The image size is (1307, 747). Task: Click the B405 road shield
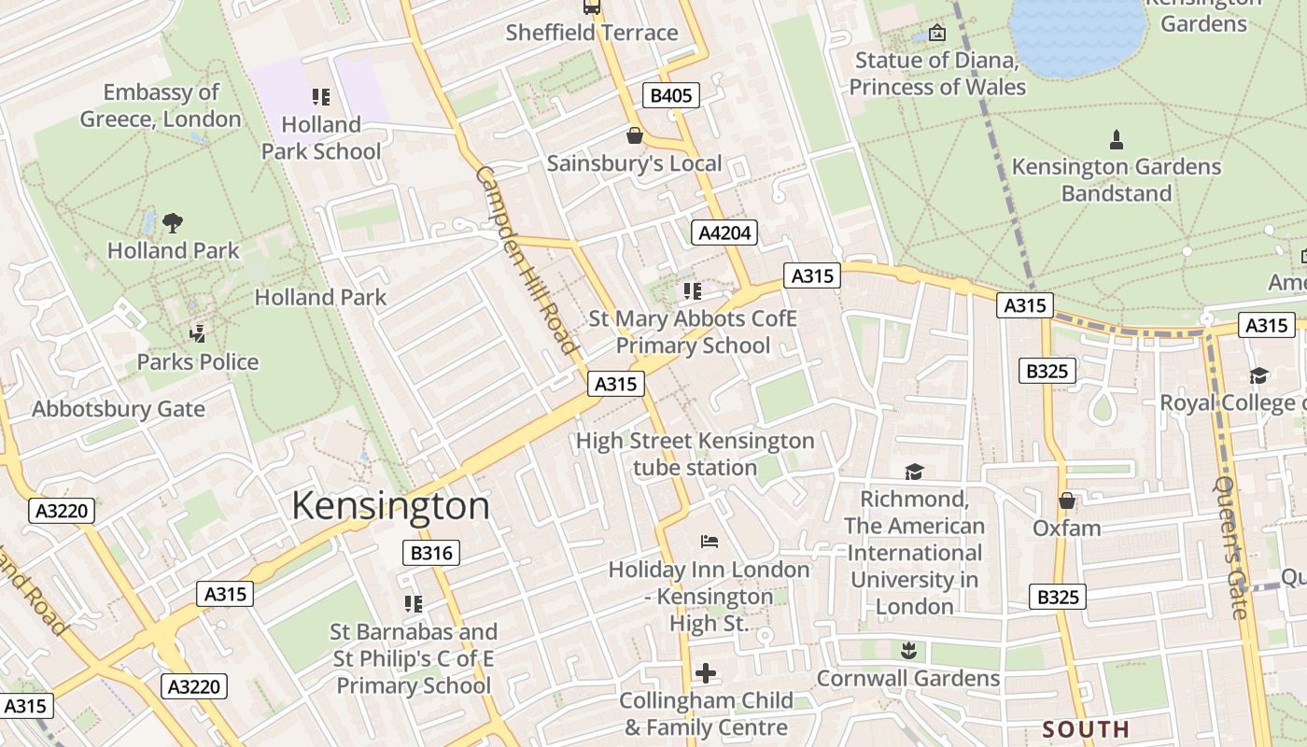click(670, 95)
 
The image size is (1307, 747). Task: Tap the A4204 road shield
click(724, 233)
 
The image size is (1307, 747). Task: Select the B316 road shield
click(431, 553)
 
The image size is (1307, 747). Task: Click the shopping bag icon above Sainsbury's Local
click(635, 136)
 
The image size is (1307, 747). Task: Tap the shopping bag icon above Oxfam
click(1066, 501)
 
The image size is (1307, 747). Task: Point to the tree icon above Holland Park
click(173, 222)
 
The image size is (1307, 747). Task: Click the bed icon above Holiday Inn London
click(709, 542)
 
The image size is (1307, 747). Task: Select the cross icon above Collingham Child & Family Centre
click(706, 672)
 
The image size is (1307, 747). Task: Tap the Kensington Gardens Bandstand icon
click(1116, 140)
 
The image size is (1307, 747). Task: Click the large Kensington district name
click(390, 505)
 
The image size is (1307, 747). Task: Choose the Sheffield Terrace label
click(591, 33)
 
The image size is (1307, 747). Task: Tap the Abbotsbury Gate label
click(119, 409)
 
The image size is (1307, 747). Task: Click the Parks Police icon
click(197, 333)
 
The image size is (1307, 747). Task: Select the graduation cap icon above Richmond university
click(913, 472)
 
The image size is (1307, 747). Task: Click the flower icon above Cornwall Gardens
click(907, 650)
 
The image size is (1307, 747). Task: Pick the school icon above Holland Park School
click(320, 97)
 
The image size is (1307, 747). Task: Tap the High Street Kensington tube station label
click(695, 454)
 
